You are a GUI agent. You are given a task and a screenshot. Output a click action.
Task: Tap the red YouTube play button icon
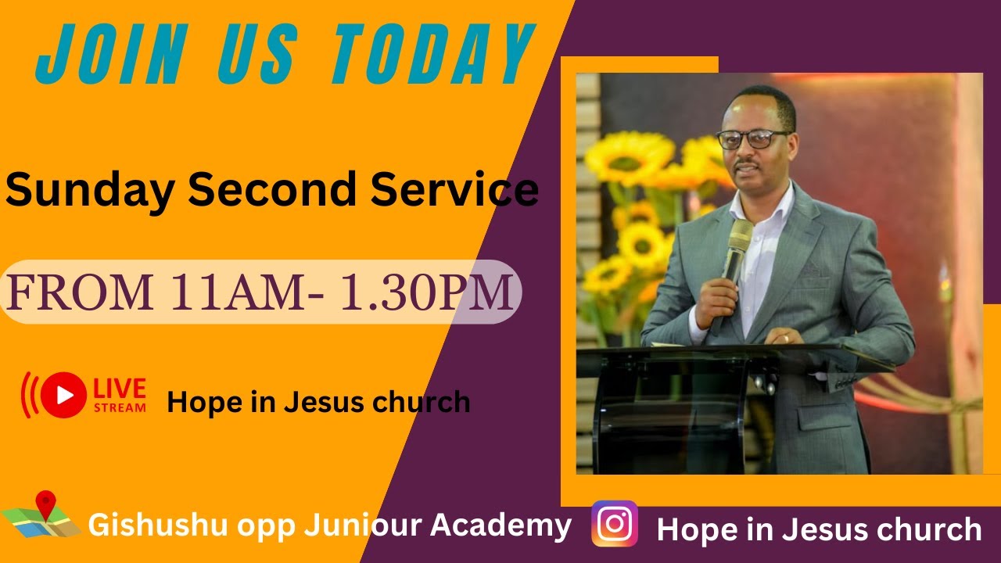coord(63,395)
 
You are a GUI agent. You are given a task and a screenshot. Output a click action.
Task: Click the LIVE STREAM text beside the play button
coord(120,395)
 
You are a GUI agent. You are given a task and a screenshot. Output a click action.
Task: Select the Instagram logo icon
coord(615,524)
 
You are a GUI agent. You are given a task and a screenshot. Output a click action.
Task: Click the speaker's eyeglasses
coord(752,139)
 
